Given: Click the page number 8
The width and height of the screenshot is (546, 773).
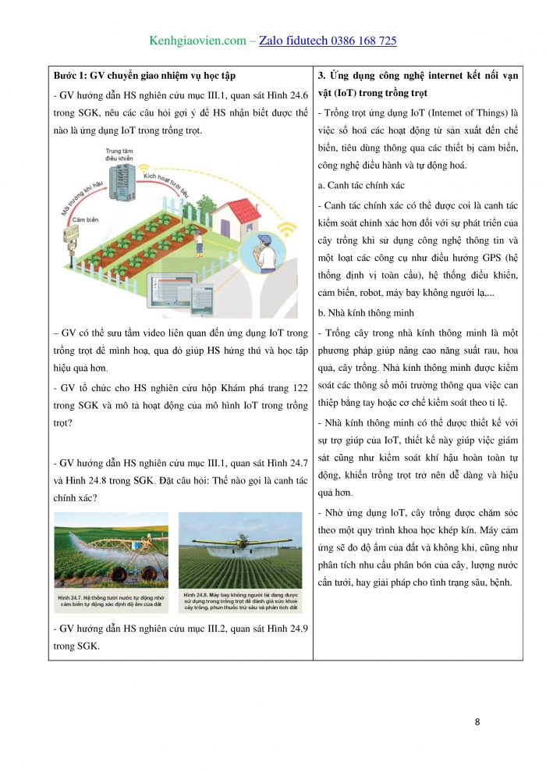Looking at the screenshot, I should point(477,721).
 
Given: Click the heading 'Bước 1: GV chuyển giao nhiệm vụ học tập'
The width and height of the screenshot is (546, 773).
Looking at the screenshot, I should point(144,76).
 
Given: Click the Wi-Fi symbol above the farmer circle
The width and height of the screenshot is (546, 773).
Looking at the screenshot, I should point(287,230).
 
